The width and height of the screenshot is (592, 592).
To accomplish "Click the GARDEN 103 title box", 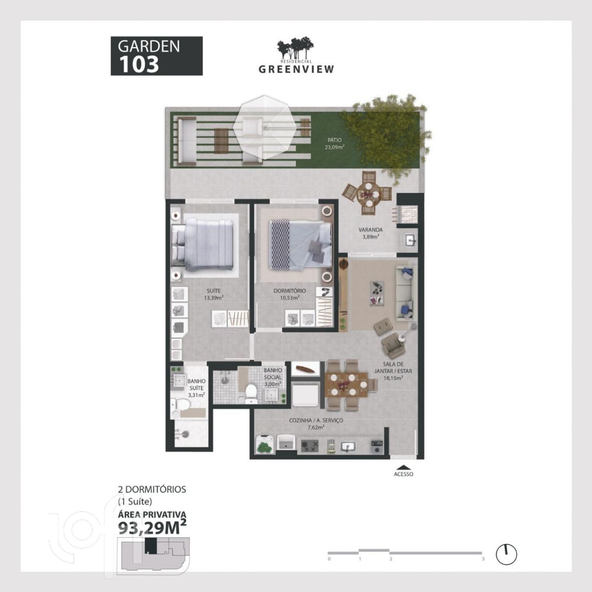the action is [x=156, y=55].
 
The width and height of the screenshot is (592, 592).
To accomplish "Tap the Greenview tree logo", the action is [x=296, y=48].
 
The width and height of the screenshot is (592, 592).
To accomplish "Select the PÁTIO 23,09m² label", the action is [x=334, y=143].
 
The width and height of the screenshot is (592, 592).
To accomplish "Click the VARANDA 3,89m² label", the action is [x=370, y=233].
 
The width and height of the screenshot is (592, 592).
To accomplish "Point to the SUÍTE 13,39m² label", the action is [x=213, y=294].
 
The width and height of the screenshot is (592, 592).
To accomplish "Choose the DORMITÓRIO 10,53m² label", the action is [x=290, y=294].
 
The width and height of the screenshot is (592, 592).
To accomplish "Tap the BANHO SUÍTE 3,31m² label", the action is [x=197, y=388].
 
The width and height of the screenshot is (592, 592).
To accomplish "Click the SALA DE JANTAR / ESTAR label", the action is [x=393, y=371].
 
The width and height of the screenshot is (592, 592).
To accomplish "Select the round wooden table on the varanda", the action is [x=368, y=194].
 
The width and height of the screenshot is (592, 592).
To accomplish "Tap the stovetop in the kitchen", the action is [x=310, y=446].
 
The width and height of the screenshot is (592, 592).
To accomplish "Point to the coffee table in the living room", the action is [x=377, y=293].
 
